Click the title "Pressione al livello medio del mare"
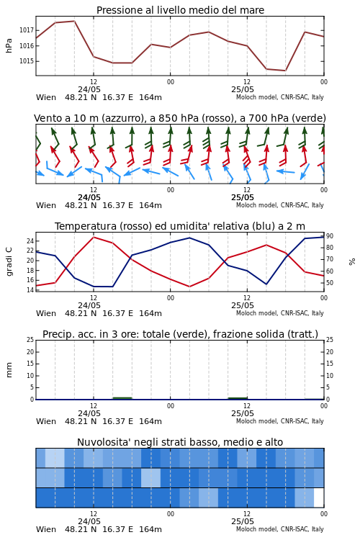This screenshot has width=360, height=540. point(180,10)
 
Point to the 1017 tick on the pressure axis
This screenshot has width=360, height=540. point(27,30)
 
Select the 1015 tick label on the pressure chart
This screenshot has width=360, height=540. point(27,61)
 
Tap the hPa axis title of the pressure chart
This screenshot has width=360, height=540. point(9,46)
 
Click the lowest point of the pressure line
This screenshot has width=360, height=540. point(285,71)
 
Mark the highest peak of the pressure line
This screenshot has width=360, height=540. point(74,21)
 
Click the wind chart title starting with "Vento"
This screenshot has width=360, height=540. point(180,118)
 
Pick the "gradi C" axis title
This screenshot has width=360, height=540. point(9,261)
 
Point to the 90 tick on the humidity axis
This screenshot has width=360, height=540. point(330,236)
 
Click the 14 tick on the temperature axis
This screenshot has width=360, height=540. point(30,290)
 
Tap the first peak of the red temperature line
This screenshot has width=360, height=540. point(94,238)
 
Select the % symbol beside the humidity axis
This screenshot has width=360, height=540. point(352,262)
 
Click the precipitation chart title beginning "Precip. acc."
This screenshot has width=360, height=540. point(180,334)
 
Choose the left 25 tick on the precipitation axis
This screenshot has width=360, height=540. point(30,340)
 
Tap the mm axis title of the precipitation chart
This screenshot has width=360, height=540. point(9,370)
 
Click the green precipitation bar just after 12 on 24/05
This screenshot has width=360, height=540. point(122,398)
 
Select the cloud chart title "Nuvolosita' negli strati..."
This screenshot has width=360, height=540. point(180,442)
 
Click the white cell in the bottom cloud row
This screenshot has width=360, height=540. point(319,498)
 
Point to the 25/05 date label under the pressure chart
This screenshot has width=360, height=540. point(243,89)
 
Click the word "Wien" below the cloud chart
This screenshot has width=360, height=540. point(46,529)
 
